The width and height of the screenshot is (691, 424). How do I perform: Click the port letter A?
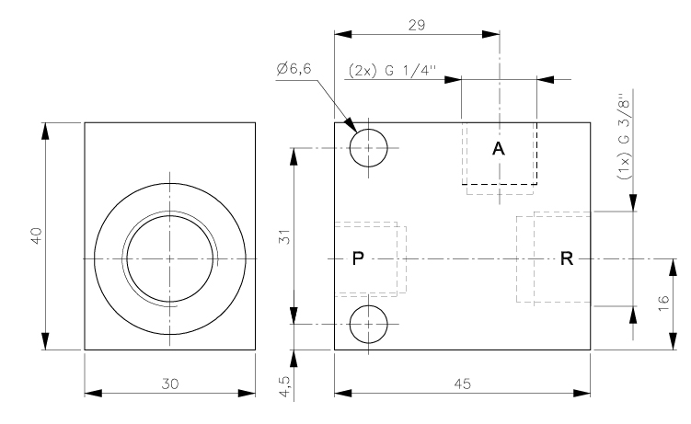click(498, 148)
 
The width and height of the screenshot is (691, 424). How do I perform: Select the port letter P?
click(359, 258)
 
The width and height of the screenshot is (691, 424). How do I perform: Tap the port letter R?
click(567, 258)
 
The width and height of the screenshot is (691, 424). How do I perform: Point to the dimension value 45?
click(462, 384)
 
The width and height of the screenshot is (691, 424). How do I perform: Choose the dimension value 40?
click(36, 236)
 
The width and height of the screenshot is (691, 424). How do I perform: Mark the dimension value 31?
click(284, 236)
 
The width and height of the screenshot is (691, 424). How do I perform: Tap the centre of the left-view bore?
click(169, 258)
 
